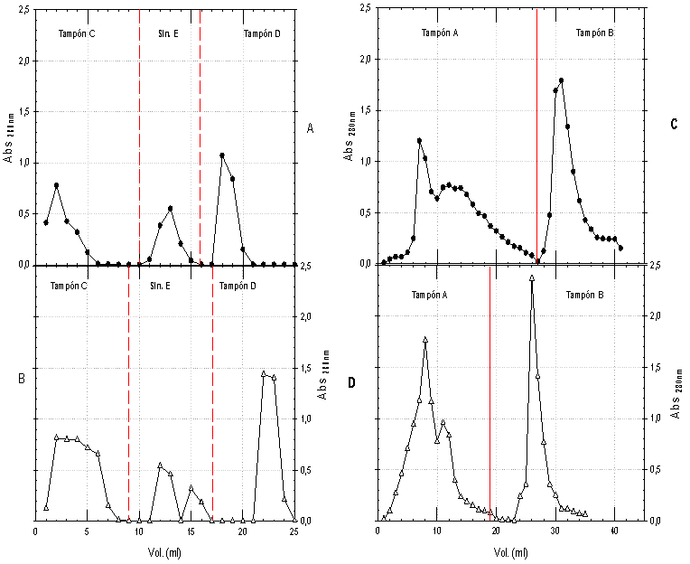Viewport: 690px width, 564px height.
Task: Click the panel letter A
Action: (310, 129)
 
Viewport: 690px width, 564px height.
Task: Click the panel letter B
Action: (21, 380)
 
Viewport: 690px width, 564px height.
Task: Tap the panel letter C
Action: (674, 124)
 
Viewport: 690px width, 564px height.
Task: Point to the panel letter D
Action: (353, 382)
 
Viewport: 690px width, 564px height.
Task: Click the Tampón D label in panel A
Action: (262, 33)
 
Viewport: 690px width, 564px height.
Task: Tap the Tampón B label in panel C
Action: (595, 33)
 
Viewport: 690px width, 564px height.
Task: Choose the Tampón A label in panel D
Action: (430, 295)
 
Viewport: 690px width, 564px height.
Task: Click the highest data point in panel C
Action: (562, 80)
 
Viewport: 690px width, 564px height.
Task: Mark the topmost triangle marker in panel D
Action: (532, 278)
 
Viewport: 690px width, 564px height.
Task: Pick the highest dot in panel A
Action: (222, 155)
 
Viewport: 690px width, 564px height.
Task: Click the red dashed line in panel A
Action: (139, 136)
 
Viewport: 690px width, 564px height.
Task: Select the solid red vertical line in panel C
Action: (536, 136)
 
